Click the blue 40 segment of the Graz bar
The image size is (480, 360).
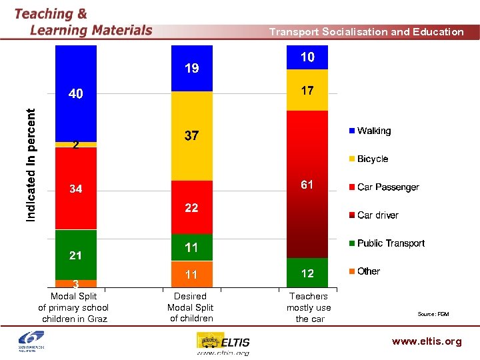pos(76,93)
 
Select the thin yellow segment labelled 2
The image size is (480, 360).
pos(76,145)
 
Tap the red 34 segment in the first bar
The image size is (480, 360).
pos(76,189)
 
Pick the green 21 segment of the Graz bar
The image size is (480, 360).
pos(76,255)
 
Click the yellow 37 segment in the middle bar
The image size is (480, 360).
pos(192,136)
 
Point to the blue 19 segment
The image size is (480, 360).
pos(192,68)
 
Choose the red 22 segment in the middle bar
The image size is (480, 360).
pos(192,207)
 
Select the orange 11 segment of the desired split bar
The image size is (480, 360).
pos(192,274)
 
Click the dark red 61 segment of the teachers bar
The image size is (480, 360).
pos(307,185)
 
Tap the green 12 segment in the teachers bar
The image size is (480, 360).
pos(307,273)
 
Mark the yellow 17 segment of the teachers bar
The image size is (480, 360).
pos(307,90)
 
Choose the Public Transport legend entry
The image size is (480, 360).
pos(390,243)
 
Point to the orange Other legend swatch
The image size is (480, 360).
pos(351,271)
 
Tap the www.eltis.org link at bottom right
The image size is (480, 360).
pos(427,341)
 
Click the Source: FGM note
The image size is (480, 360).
pos(433,313)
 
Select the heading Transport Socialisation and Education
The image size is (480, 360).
pos(366,31)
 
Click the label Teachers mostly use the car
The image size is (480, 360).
pos(309,307)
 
